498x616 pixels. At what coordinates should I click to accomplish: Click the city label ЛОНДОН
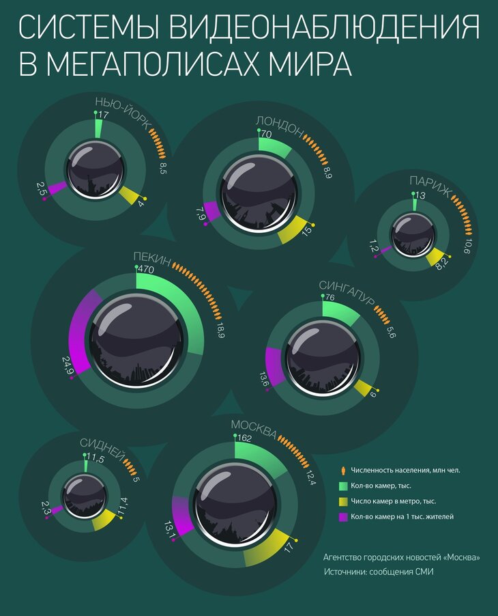pos(279,124)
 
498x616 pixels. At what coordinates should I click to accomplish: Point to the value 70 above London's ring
pos(267,135)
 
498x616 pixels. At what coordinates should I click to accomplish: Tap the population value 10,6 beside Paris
pos(467,247)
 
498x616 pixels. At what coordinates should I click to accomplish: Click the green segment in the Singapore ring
pos(340,311)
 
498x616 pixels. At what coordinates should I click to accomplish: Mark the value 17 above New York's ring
pos(103,115)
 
